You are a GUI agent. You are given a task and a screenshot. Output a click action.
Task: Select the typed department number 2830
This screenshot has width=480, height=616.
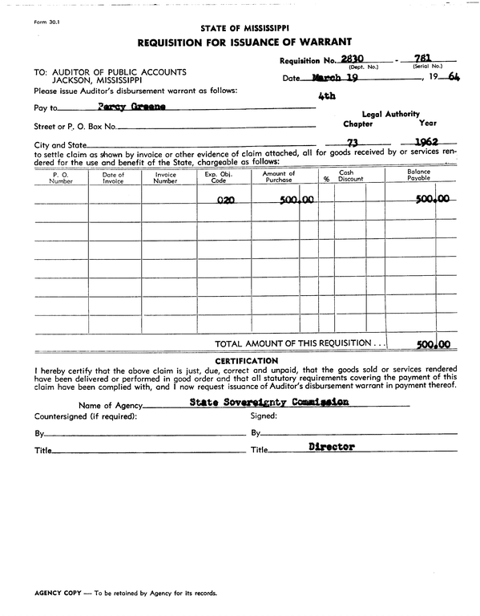pyautogui.click(x=352, y=59)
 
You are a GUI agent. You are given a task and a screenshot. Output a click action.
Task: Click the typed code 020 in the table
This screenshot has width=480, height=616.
pyautogui.click(x=224, y=201)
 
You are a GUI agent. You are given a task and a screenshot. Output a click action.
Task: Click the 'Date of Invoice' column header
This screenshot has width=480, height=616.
pyautogui.click(x=114, y=176)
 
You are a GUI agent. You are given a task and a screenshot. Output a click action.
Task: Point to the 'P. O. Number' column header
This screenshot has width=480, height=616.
pyautogui.click(x=61, y=176)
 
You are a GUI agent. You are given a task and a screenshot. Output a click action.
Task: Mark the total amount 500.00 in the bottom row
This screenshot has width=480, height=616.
pyautogui.click(x=433, y=345)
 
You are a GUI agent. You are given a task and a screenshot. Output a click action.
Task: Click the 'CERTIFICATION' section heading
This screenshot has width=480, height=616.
pyautogui.click(x=246, y=360)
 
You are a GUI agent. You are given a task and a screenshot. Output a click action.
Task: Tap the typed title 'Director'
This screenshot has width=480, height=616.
pyautogui.click(x=331, y=447)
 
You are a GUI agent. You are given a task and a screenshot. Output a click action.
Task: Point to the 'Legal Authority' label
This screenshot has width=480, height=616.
pyautogui.click(x=390, y=115)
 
